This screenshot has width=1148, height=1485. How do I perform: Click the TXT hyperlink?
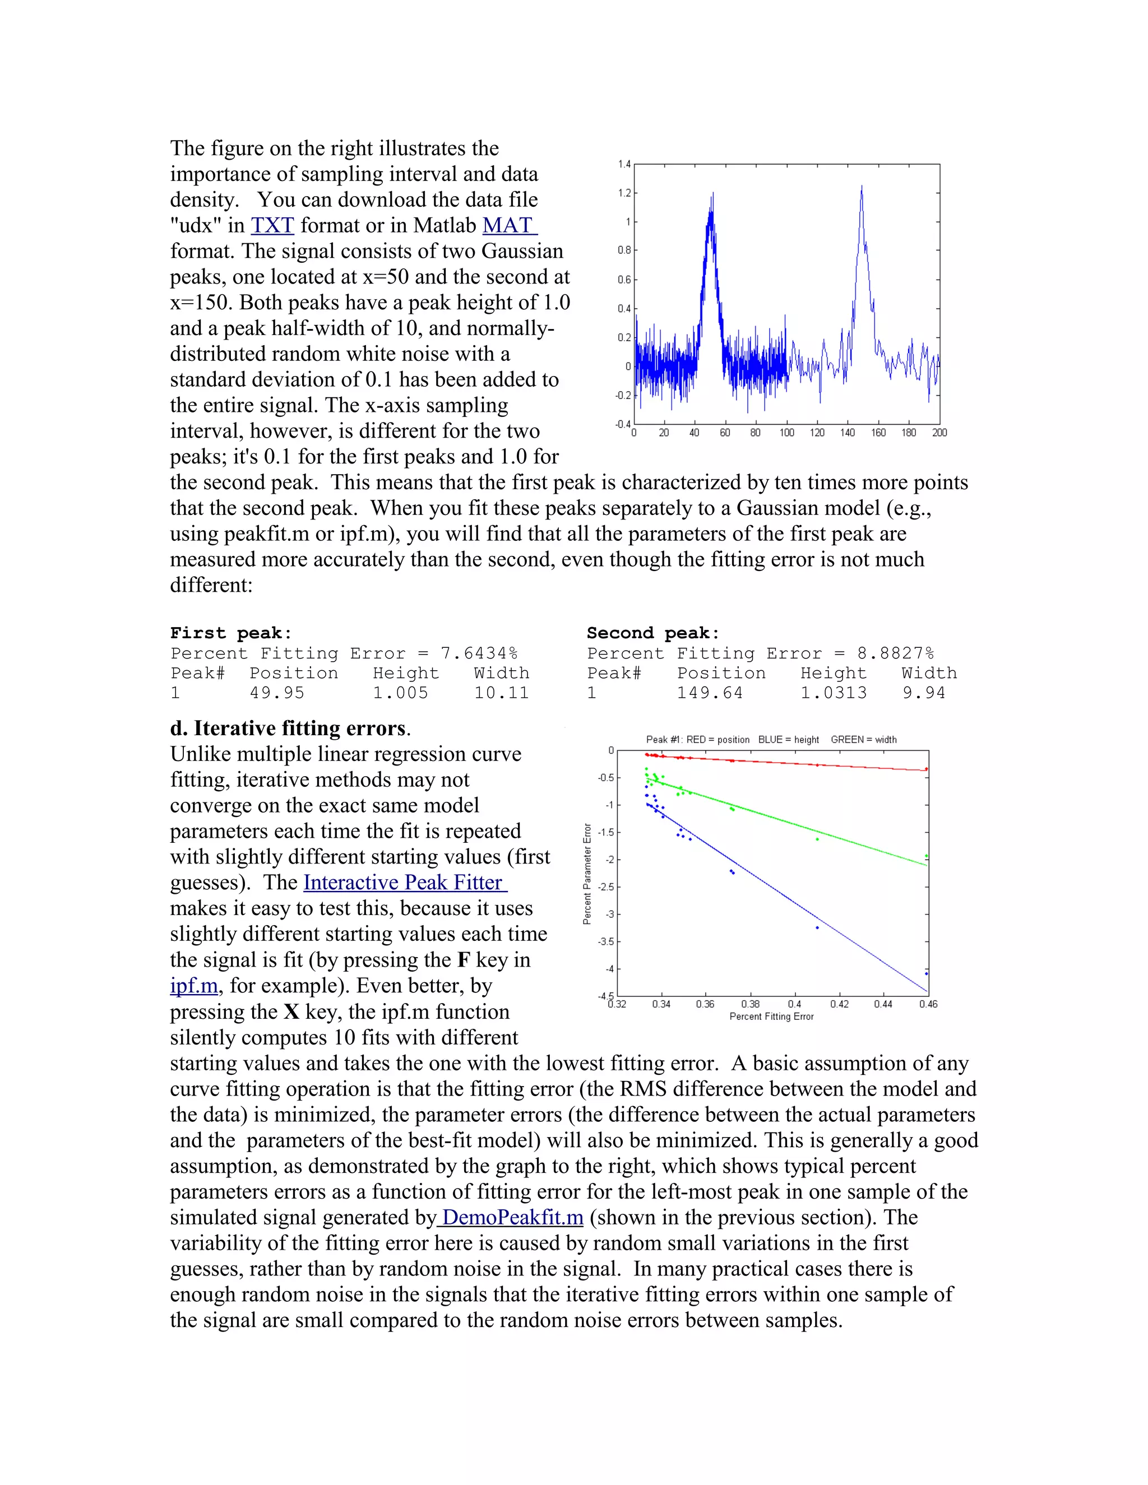(272, 225)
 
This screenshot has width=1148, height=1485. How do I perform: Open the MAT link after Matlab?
(510, 225)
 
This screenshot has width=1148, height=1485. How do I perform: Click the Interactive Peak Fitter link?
(405, 882)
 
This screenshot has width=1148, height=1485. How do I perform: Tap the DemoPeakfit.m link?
(512, 1217)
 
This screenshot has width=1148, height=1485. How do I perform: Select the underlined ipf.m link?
(194, 985)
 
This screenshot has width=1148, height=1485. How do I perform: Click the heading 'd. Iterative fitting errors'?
(290, 728)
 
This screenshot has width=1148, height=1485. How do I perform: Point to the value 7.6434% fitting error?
(479, 653)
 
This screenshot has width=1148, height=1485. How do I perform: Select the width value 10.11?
(501, 693)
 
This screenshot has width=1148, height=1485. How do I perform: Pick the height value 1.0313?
(833, 693)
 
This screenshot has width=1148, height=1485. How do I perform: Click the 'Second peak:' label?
(653, 633)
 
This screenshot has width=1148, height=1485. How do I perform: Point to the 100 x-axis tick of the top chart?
(786, 433)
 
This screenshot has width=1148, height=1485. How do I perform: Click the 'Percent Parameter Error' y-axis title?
(587, 874)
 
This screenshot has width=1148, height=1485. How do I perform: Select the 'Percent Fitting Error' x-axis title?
(771, 1017)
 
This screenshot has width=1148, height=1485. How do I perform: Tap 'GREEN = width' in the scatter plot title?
(863, 740)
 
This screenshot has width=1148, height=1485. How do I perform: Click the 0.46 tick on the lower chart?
(928, 1004)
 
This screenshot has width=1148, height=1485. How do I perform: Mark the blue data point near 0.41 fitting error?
(817, 927)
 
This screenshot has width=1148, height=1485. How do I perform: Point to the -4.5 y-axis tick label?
(606, 997)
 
